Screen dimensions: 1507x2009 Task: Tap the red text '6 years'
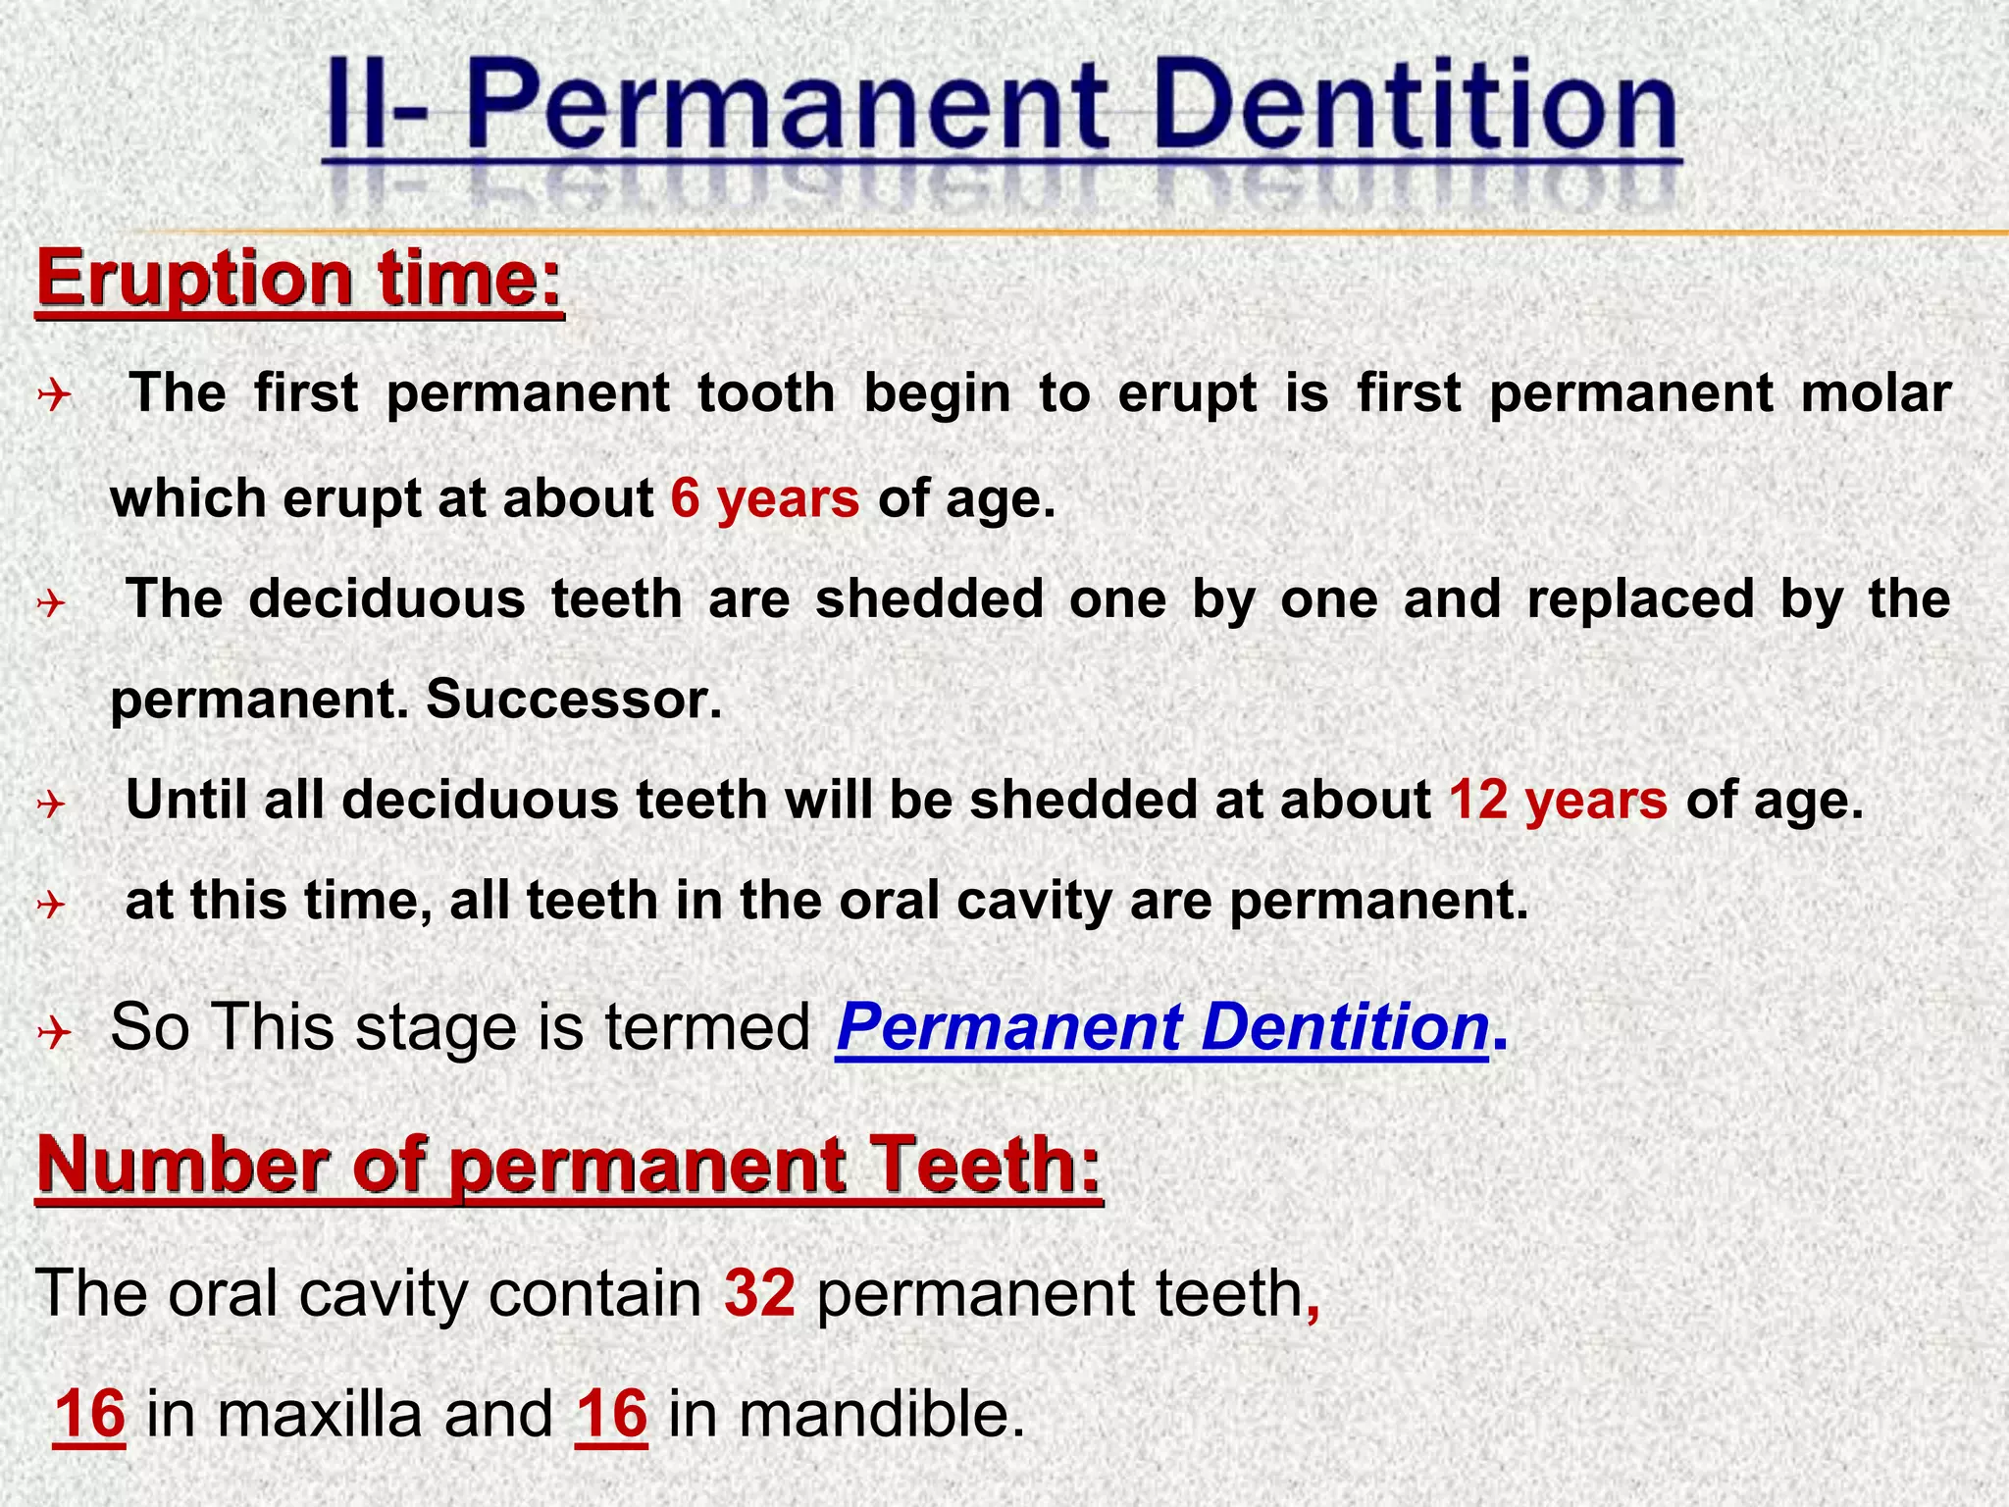point(765,498)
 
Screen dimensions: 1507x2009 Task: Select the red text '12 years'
point(1558,800)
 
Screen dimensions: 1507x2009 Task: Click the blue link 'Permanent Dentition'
point(1162,1027)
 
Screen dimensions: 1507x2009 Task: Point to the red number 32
point(759,1292)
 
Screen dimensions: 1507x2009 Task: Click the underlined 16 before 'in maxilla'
point(89,1414)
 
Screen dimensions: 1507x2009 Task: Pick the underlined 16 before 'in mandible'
point(611,1414)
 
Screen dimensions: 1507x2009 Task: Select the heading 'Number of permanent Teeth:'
point(569,1165)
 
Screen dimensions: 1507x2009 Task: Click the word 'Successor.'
point(574,700)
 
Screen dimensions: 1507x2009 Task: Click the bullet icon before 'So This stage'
point(55,1032)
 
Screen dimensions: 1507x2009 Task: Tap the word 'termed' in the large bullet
point(707,1027)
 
